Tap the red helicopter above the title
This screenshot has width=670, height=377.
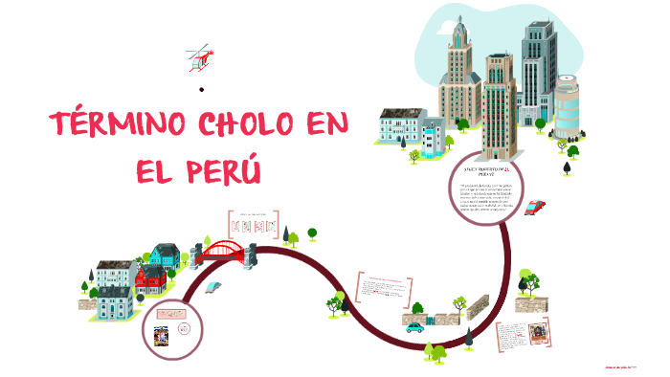pyautogui.click(x=199, y=57)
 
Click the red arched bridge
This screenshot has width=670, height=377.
pyautogui.click(x=225, y=252)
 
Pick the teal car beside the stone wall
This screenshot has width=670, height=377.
pyautogui.click(x=415, y=326)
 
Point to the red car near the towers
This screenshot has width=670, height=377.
pyautogui.click(x=535, y=207)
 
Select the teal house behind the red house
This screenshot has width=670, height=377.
pyautogui.click(x=164, y=255)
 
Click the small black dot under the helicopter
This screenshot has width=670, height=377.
pyautogui.click(x=202, y=90)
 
